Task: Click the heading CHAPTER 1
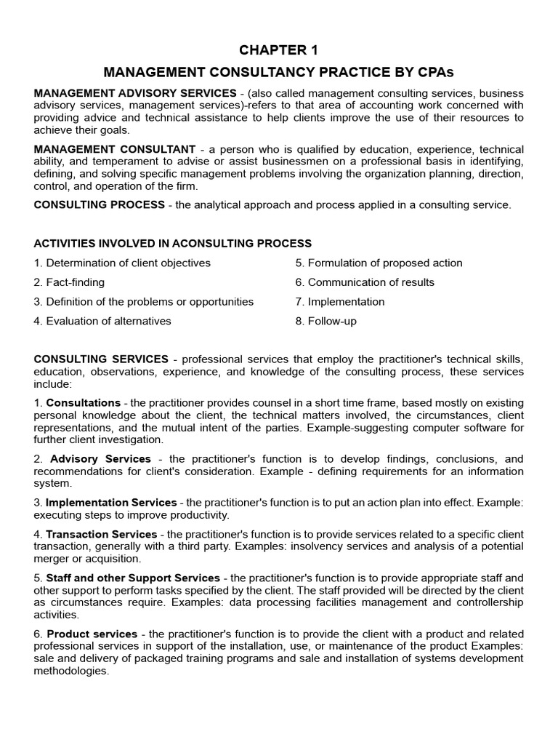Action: click(279, 50)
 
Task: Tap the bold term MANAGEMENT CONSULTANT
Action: click(115, 149)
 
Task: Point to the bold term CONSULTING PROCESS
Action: click(100, 204)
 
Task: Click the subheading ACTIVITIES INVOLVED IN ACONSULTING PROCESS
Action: click(173, 243)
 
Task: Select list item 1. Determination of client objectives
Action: click(122, 263)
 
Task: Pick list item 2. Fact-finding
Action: click(69, 282)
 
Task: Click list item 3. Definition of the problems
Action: click(144, 301)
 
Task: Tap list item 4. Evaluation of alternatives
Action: click(102, 321)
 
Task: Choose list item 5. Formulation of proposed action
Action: click(379, 263)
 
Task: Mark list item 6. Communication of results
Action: click(365, 282)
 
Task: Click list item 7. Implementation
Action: click(340, 301)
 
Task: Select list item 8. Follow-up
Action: click(326, 321)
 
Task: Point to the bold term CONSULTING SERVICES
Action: click(101, 359)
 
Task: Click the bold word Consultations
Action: click(84, 402)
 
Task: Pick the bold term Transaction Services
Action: click(102, 535)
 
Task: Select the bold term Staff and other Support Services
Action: click(133, 578)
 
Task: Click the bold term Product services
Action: click(92, 634)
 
